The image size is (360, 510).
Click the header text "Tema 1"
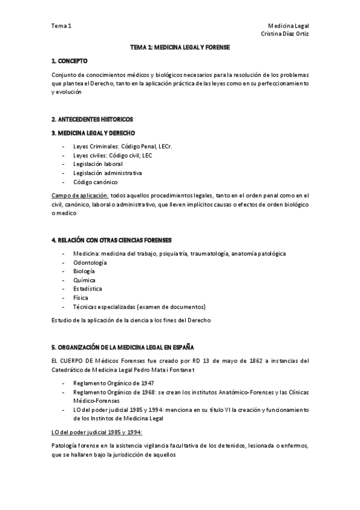coord(61,26)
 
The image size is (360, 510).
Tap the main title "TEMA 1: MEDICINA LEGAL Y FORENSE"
coord(180,47)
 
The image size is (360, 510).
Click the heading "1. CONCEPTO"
coord(69,61)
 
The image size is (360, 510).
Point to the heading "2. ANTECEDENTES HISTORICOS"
coord(92,119)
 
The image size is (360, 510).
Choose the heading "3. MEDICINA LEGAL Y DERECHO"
coord(93,133)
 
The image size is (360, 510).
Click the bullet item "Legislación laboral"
coord(97,164)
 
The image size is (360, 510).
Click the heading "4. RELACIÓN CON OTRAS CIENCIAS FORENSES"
coord(112,240)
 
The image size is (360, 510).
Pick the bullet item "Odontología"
coord(90,263)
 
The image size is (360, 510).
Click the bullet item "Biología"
coord(85,271)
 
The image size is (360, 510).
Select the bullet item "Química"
coord(85,280)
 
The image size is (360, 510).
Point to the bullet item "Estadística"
coord(88,289)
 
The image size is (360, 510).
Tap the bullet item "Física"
coord(81,298)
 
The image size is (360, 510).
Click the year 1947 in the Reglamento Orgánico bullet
coord(148,382)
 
